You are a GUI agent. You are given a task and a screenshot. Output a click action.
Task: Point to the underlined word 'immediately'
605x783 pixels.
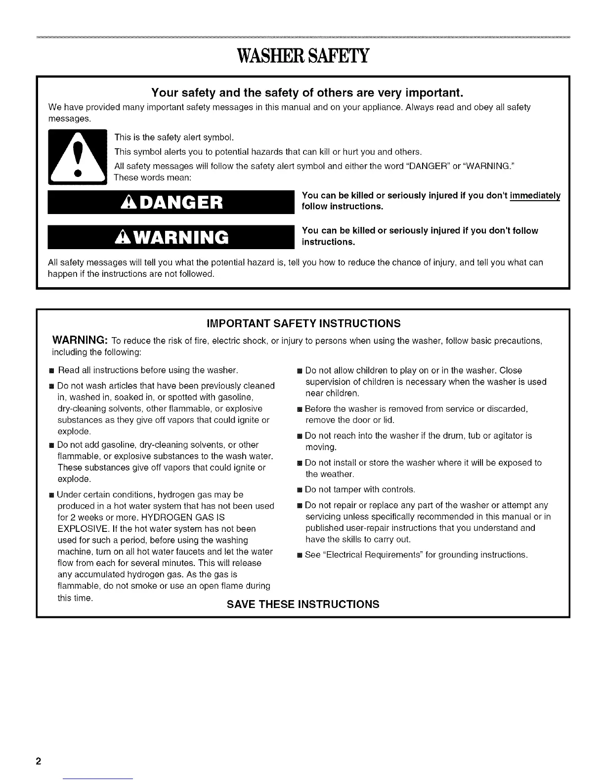tap(536, 195)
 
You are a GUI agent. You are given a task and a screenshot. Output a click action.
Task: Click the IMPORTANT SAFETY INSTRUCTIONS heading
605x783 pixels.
tap(303, 324)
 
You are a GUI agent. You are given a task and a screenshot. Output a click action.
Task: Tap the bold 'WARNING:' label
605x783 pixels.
tap(80, 341)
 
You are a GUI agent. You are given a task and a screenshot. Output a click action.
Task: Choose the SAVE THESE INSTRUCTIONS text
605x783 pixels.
tap(303, 604)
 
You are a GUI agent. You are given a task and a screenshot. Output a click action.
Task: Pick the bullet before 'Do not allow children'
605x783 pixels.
tap(299, 371)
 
